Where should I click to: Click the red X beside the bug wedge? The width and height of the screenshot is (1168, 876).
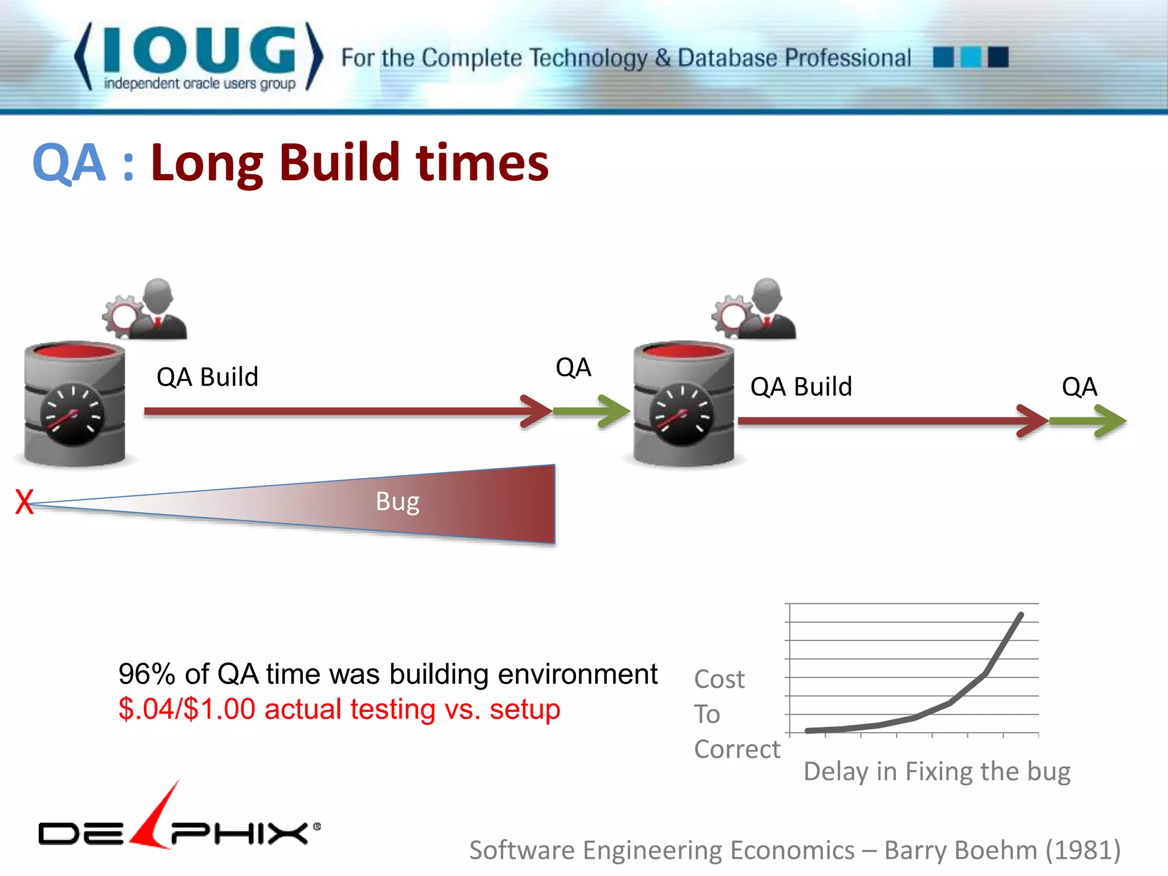[x=24, y=502]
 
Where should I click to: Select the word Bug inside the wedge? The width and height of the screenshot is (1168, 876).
[x=398, y=502]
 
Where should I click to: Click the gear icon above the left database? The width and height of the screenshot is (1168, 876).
[x=121, y=315]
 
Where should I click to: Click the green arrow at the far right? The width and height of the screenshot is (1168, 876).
[x=1088, y=421]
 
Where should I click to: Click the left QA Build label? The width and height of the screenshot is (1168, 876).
[x=207, y=377]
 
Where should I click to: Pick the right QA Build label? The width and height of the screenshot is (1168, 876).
[x=801, y=387]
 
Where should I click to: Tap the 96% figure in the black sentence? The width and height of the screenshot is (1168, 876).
[x=147, y=674]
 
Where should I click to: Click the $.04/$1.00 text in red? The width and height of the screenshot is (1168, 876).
[x=186, y=709]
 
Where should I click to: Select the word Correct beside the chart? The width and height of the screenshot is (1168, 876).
[x=736, y=749]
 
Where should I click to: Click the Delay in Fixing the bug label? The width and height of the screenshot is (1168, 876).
[x=936, y=771]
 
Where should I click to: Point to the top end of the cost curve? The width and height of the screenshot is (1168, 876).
[x=1020, y=615]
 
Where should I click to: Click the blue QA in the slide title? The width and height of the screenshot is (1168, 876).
[x=69, y=163]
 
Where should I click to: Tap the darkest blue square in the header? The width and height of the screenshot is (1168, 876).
[x=998, y=57]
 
